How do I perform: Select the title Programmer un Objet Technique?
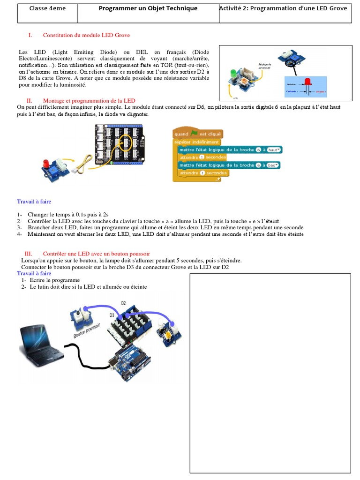click(x=148, y=8)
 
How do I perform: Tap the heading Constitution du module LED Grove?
click(x=86, y=35)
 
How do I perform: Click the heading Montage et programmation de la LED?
click(x=89, y=101)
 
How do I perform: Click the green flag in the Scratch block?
click(x=194, y=134)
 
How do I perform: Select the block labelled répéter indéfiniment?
click(x=196, y=142)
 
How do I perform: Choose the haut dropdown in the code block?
click(x=273, y=150)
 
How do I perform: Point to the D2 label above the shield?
click(x=123, y=303)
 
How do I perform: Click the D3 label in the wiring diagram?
click(x=112, y=315)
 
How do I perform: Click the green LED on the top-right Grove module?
click(x=232, y=74)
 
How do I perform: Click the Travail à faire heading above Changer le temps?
click(x=34, y=201)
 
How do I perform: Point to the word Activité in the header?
click(x=232, y=8)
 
